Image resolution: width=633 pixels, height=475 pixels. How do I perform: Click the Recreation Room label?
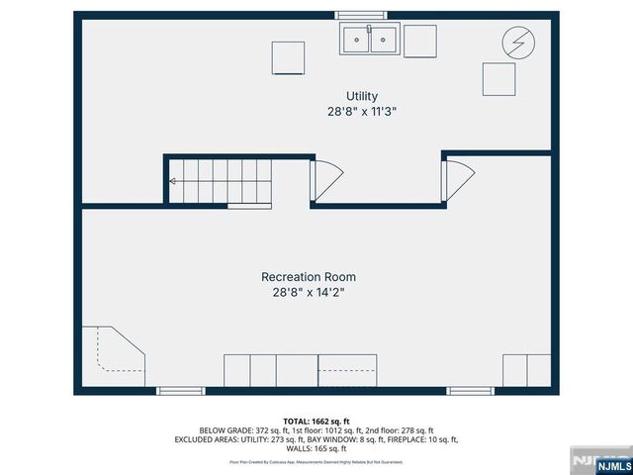[309, 277]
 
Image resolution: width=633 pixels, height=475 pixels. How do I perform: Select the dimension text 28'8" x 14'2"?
[309, 293]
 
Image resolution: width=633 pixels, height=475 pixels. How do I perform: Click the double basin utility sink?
[369, 40]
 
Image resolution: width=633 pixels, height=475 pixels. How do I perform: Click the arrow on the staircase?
[174, 181]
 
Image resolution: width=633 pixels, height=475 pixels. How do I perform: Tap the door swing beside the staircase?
[325, 179]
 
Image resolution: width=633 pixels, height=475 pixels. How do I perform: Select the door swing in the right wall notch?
[458, 179]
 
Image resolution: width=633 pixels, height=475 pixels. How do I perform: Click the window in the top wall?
[357, 15]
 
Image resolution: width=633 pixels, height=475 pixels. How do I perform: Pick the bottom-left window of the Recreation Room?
[180, 391]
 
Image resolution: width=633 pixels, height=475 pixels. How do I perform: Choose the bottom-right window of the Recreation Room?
[470, 391]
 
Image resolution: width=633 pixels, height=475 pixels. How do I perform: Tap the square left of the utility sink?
[289, 56]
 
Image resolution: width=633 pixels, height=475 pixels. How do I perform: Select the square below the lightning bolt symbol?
[498, 78]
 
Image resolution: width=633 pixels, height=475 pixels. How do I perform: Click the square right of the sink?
[419, 40]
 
